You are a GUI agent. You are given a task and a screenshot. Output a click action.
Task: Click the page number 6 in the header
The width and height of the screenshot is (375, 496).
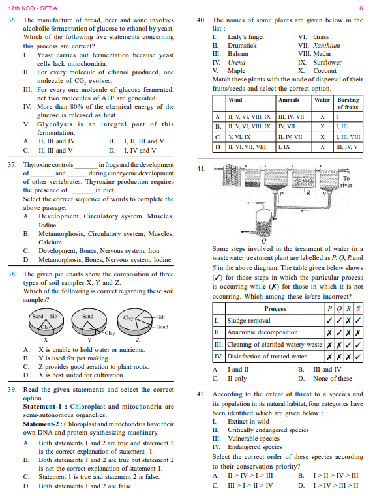[361, 8]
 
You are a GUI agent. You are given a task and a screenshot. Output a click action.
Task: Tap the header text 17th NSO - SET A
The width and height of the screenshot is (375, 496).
[33, 8]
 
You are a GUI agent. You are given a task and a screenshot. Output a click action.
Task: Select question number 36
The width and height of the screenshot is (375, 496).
[12, 20]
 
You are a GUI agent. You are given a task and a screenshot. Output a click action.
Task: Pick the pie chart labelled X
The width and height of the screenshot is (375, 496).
[46, 322]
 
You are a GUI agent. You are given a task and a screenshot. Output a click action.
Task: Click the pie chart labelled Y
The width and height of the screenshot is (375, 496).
[89, 322]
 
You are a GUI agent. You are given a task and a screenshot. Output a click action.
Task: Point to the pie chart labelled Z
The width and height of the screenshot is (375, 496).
[135, 322]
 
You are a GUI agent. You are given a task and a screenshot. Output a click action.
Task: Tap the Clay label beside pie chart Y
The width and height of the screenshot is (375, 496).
[110, 333]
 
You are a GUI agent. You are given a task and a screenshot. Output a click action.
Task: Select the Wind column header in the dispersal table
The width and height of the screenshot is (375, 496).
[235, 100]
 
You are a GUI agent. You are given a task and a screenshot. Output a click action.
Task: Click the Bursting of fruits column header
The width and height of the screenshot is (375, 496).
[348, 104]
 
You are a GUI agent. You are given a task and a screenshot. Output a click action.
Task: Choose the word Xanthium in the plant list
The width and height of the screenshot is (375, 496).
[327, 46]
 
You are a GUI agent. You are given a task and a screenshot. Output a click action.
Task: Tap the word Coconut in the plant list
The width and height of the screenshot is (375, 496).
[325, 71]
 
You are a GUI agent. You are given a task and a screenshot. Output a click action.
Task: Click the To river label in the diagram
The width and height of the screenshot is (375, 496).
[346, 182]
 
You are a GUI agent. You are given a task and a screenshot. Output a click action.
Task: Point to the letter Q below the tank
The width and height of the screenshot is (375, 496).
[264, 241]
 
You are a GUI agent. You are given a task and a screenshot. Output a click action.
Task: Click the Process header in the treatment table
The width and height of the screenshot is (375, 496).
[275, 309]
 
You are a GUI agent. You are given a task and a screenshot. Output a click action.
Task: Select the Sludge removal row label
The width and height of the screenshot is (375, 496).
[248, 321]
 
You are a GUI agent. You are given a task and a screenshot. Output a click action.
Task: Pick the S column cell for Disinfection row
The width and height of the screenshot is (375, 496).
[358, 357]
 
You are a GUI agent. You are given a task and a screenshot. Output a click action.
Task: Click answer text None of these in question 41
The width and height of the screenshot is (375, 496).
[332, 378]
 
